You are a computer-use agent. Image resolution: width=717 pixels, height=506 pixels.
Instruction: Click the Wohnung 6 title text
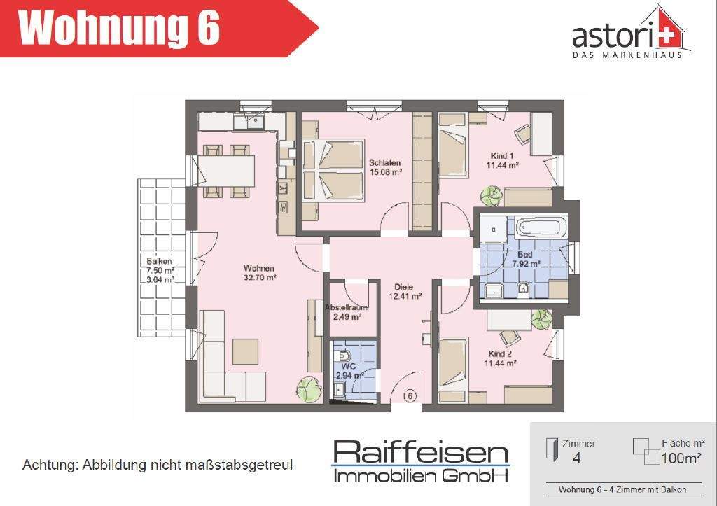click(119, 29)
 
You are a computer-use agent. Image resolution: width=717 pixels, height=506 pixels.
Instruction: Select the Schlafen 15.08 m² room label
click(384, 167)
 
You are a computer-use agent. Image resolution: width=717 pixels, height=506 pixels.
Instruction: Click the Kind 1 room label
click(503, 160)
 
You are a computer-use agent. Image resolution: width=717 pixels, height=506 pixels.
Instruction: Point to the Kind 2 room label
click(501, 358)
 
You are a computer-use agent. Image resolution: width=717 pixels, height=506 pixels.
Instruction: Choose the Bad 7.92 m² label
click(525, 259)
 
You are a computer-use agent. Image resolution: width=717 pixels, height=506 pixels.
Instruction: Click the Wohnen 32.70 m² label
click(259, 272)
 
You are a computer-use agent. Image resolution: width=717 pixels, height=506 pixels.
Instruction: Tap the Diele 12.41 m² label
click(404, 291)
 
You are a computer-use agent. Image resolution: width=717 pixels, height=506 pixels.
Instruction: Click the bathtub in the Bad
click(539, 228)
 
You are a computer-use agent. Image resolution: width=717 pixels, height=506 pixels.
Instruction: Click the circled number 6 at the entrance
click(410, 395)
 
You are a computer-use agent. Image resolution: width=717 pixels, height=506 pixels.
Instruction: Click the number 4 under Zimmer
click(577, 458)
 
